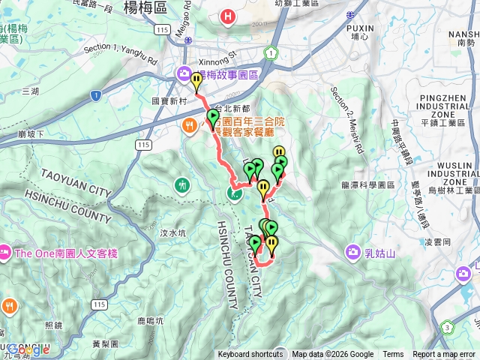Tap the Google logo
point(28,349)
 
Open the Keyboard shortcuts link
point(250,355)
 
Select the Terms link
point(393,355)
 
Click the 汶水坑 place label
point(172,233)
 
